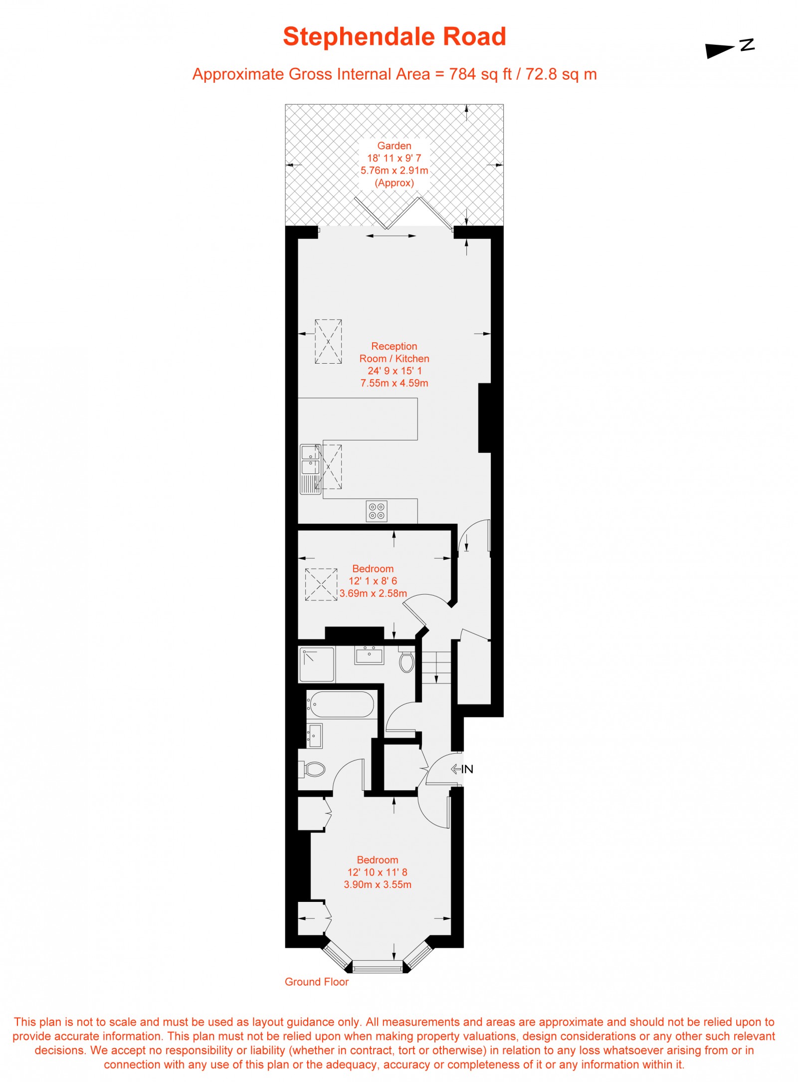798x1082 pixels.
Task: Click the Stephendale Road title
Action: click(394, 37)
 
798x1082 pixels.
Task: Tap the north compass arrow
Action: click(729, 48)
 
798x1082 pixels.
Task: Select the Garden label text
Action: click(394, 146)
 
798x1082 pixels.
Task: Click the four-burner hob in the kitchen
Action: click(377, 511)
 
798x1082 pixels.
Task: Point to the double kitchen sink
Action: click(310, 460)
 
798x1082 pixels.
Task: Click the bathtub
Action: click(341, 704)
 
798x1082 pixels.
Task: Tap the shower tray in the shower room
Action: click(316, 664)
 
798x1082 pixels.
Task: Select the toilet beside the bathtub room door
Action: click(314, 769)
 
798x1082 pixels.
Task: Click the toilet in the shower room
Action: click(406, 662)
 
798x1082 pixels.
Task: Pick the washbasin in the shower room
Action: click(369, 654)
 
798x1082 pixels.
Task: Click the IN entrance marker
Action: click(462, 769)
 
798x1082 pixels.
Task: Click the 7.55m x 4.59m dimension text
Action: click(394, 383)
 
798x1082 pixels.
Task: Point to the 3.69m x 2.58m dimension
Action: click(373, 593)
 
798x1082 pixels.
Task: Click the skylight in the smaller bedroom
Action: click(321, 584)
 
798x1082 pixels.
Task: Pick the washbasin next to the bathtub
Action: click(315, 736)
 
